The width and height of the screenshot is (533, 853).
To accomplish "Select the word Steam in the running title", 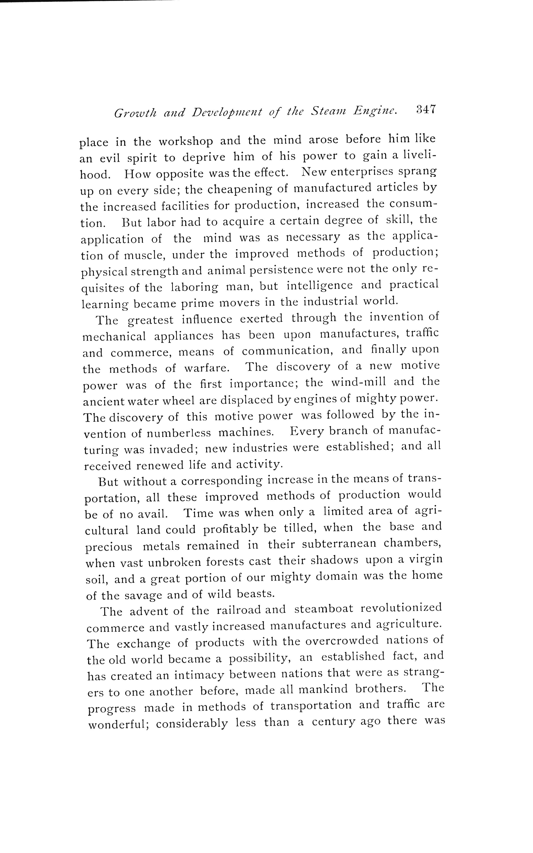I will point(328,112).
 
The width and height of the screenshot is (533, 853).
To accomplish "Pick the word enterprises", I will point(364,172).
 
